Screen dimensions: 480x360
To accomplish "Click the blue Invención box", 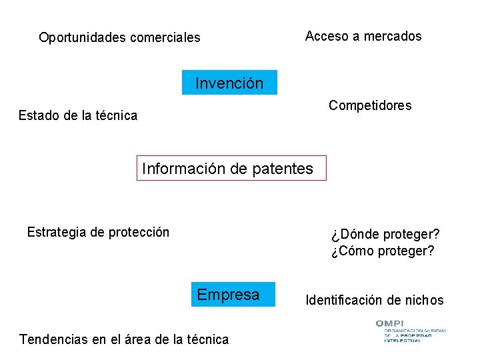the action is (x=229, y=83).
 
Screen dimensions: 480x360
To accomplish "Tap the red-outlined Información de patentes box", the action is (x=231, y=169).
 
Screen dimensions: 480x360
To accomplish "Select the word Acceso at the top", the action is (x=327, y=36).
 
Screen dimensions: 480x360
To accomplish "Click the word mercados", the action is (x=392, y=36).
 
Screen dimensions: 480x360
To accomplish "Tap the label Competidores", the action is (x=370, y=105).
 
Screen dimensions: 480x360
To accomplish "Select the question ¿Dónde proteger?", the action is (x=385, y=235).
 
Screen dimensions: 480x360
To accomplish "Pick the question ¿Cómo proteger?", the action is (x=382, y=251).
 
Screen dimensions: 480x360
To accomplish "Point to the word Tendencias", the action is (x=54, y=339).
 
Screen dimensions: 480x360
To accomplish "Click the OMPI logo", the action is (x=410, y=331).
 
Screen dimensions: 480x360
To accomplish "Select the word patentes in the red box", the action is (x=283, y=169).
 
